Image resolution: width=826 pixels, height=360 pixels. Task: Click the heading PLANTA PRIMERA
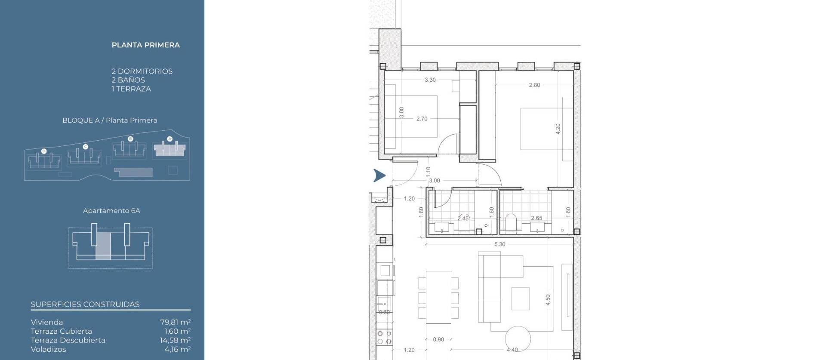click(x=145, y=45)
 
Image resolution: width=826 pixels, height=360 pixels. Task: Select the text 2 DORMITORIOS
click(x=142, y=71)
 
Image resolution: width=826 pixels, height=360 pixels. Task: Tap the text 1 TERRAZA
click(x=131, y=89)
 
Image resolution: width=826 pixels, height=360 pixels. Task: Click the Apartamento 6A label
click(x=111, y=211)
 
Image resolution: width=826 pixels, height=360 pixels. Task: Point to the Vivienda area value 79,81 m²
click(x=175, y=322)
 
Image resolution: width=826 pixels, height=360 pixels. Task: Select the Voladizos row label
click(x=48, y=349)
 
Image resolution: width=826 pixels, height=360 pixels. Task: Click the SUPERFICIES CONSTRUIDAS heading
click(x=85, y=305)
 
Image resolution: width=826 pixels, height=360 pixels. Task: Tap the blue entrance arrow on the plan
click(x=379, y=175)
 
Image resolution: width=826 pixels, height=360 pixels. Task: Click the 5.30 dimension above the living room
click(x=499, y=244)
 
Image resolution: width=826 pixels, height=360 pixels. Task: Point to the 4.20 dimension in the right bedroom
click(x=558, y=129)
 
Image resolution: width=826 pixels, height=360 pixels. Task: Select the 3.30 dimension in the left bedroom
click(x=430, y=80)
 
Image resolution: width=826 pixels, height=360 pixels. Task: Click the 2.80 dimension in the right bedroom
click(x=534, y=85)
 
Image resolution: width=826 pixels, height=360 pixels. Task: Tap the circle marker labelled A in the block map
click(x=170, y=139)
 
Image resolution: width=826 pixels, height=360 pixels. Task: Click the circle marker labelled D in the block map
click(x=44, y=151)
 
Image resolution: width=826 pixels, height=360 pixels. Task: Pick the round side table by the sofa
click(x=518, y=339)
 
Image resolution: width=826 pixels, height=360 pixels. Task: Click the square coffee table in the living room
click(x=520, y=298)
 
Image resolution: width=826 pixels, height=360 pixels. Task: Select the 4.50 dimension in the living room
click(x=548, y=300)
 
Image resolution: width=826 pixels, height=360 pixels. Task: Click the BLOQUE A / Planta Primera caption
click(x=110, y=120)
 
